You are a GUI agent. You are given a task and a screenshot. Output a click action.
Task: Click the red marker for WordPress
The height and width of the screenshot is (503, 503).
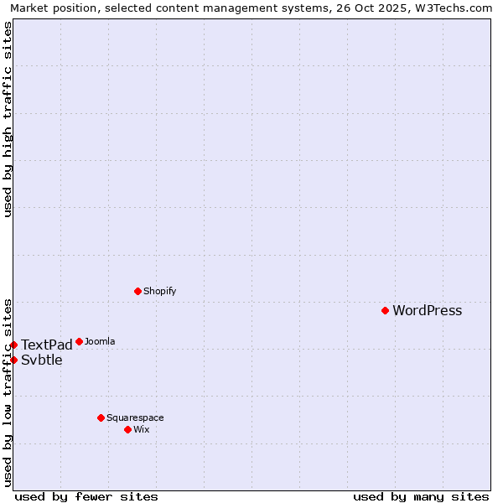[385, 310]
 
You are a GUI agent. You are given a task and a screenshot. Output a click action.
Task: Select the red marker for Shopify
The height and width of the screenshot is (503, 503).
[137, 291]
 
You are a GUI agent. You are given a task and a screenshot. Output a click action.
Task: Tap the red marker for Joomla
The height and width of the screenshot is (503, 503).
[79, 341]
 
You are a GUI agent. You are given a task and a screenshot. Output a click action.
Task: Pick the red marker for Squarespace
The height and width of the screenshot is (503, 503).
[101, 417]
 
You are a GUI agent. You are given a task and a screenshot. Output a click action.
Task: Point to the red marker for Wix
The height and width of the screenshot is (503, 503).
[127, 429]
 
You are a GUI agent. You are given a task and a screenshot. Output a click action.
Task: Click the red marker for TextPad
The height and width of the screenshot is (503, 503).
[13, 345]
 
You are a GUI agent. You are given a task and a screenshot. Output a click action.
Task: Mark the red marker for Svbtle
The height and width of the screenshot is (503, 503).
[13, 360]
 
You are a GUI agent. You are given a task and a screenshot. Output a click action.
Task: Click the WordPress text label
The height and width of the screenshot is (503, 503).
[427, 311]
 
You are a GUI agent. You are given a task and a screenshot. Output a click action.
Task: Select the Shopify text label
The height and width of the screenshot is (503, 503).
[159, 292]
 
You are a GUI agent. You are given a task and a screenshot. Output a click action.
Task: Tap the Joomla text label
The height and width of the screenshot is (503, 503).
[100, 342]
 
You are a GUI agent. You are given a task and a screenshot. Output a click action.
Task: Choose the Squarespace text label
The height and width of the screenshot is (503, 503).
[135, 418]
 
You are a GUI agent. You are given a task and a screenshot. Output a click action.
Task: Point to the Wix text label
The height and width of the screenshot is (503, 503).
[141, 430]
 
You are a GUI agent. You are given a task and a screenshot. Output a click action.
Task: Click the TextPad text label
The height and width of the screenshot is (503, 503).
[47, 345]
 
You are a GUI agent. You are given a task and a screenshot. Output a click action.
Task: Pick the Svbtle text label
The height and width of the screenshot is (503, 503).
[42, 360]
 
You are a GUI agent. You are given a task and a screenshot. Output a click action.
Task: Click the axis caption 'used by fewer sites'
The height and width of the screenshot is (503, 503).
[86, 496]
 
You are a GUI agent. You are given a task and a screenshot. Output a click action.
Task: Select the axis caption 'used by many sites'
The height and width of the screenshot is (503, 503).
[421, 496]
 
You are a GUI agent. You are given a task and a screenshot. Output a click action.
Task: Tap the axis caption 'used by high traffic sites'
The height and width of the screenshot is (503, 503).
[8, 119]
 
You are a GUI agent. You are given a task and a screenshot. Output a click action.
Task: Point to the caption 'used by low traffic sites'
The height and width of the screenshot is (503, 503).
[8, 392]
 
